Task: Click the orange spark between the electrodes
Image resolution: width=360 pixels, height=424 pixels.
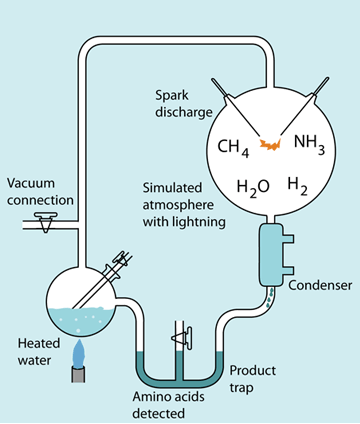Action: [x=271, y=145]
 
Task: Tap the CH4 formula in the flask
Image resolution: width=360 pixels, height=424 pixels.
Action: [x=233, y=148]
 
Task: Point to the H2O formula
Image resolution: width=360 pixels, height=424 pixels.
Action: [x=253, y=188]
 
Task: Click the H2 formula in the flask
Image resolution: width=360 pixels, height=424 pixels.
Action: [x=297, y=186]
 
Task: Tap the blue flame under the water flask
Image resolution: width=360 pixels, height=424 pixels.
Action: [x=79, y=353]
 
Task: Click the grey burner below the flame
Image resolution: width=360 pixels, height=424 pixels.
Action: [x=78, y=374]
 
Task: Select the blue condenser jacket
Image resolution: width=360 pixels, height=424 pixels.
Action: [x=274, y=255]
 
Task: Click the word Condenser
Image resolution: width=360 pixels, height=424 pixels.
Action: [x=320, y=285]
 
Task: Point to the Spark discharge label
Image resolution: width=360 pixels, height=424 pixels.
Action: [x=184, y=104]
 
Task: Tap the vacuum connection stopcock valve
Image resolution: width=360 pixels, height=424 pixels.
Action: [x=45, y=221]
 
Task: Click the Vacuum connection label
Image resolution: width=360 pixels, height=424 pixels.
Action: [x=40, y=192]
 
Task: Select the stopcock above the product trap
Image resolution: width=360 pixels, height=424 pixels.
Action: [x=183, y=339]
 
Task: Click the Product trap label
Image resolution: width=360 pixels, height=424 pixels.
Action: [x=253, y=379]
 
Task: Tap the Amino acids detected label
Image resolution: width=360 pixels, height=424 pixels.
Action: [x=168, y=405]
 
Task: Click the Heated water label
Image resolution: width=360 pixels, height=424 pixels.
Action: [x=39, y=352]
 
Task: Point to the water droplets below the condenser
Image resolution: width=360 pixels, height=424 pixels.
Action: [x=270, y=298]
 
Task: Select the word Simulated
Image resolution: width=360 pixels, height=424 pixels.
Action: [x=172, y=188]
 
